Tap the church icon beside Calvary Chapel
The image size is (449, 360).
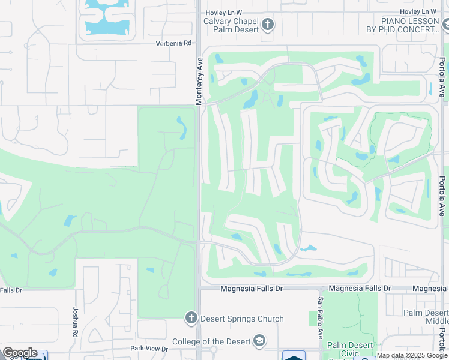268,25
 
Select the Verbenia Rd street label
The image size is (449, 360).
173,43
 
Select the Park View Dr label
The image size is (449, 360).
148,349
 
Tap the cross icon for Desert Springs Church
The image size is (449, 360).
191,318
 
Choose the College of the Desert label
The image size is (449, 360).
210,341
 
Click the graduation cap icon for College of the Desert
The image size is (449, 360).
259,341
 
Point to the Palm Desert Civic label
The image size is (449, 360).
350,349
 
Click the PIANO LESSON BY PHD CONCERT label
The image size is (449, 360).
403,25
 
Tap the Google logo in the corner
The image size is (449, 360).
19,353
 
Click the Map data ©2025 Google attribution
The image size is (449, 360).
412,355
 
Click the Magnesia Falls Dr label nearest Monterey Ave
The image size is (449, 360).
252,289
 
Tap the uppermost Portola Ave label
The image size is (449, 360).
442,77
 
